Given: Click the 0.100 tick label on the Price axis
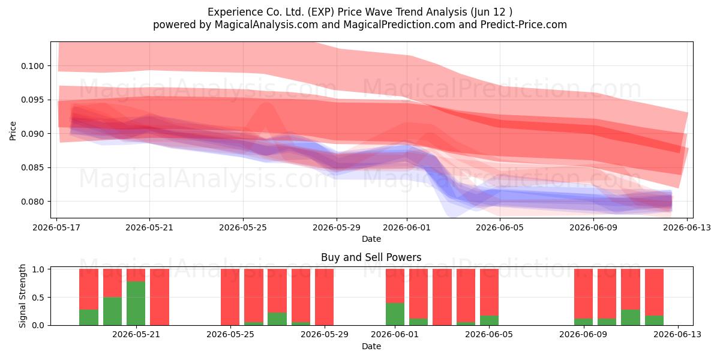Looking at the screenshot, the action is tap(32, 66).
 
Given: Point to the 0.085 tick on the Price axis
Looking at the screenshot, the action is tap(32, 168).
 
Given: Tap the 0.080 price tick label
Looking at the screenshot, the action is tap(32, 202).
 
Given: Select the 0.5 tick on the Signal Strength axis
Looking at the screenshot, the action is tap(38, 298).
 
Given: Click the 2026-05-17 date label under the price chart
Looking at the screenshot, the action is tap(56, 227).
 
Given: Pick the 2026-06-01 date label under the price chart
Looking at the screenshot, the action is tap(407, 227).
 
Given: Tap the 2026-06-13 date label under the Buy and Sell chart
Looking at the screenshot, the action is tap(677, 334).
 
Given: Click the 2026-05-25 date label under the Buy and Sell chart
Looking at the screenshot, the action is tap(230, 334).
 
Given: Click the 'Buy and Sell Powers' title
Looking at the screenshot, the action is tap(371, 257).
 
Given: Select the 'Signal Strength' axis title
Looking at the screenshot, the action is tap(22, 296).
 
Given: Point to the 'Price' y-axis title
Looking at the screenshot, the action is tap(13, 131).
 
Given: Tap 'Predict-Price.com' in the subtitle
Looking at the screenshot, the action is tap(524, 25).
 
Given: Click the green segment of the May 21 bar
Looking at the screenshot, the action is tap(136, 303).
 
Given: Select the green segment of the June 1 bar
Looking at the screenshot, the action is tap(395, 314).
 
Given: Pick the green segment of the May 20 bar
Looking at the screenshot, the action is tap(113, 311).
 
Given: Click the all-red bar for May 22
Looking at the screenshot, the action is tap(160, 297).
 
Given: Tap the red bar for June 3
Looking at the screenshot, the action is tap(442, 297).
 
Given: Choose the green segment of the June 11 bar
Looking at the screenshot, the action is tap(631, 317).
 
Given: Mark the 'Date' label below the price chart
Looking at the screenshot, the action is tap(371, 239).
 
